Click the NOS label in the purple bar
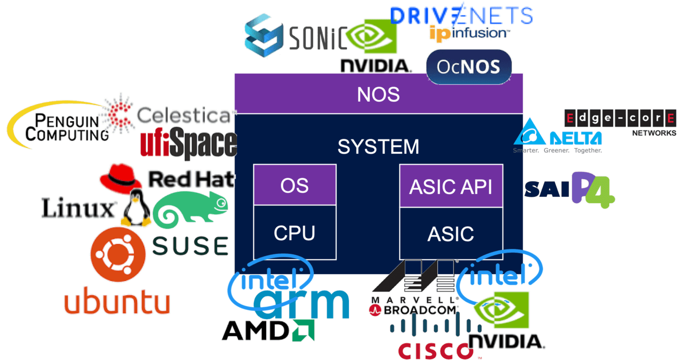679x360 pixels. tap(378, 95)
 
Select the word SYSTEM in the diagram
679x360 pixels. tap(378, 147)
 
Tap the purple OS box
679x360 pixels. tap(294, 185)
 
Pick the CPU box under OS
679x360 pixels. tap(294, 233)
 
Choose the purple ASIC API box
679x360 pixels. tap(450, 187)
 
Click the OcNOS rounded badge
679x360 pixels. tap(469, 67)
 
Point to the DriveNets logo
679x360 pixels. tap(462, 15)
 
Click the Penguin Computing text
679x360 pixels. tap(66, 127)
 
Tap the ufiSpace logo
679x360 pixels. tap(188, 143)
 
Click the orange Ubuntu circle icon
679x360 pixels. tap(118, 255)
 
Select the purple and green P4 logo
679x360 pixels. tap(592, 190)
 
